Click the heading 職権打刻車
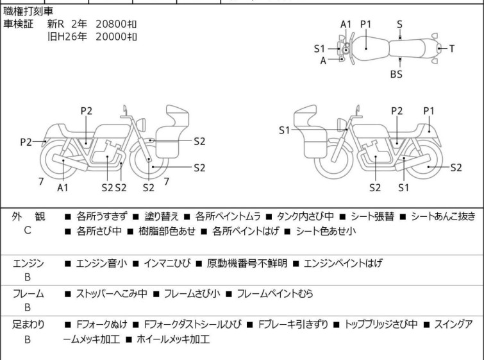(29, 12)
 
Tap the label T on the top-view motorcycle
(451, 48)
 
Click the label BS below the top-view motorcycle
(396, 74)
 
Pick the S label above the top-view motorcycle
(399, 24)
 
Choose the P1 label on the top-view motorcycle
(366, 24)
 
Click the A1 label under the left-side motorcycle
(62, 187)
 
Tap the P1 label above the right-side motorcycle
(429, 111)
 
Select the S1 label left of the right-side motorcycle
(285, 130)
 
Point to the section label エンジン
(28, 263)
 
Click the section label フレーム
(28, 294)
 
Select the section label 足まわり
(28, 325)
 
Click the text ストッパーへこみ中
(112, 294)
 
